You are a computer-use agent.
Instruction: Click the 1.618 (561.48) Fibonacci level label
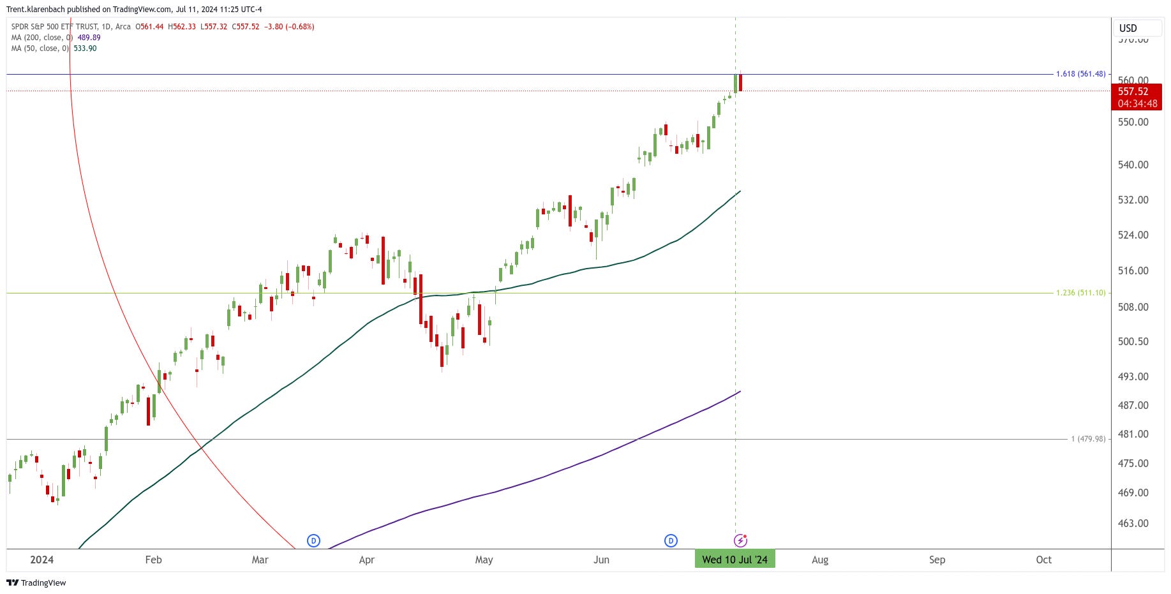pyautogui.click(x=1080, y=74)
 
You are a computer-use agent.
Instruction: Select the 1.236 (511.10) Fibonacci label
pyautogui.click(x=1080, y=293)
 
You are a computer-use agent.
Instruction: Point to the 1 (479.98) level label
pyautogui.click(x=1088, y=439)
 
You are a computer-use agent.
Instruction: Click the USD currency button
pyautogui.click(x=1128, y=28)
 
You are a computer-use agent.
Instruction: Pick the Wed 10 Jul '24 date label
pyautogui.click(x=735, y=560)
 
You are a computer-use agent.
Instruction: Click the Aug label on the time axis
pyautogui.click(x=820, y=560)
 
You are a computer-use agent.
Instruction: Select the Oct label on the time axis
pyautogui.click(x=1043, y=560)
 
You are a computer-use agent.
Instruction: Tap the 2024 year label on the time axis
pyautogui.click(x=42, y=560)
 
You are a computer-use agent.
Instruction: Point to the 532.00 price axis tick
pyautogui.click(x=1133, y=200)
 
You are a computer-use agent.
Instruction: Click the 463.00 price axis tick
pyautogui.click(x=1133, y=523)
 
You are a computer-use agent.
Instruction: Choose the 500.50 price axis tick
pyautogui.click(x=1133, y=341)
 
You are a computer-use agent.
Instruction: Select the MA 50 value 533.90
pyautogui.click(x=85, y=48)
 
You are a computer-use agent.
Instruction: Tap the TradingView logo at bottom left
pyautogui.click(x=36, y=583)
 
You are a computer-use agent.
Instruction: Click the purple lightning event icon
pyautogui.click(x=740, y=540)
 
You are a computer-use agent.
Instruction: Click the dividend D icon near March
pyautogui.click(x=313, y=540)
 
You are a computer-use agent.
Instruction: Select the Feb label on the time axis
pyautogui.click(x=153, y=560)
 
